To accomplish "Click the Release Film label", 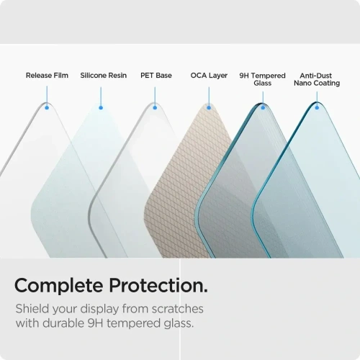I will click(x=47, y=76).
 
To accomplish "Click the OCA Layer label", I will click(x=209, y=76).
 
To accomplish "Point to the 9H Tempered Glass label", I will click(x=262, y=79).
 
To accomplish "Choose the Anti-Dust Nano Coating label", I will click(x=317, y=79).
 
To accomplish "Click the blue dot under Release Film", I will click(x=47, y=107).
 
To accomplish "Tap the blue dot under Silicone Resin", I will click(x=101, y=107).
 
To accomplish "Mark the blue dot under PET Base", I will click(x=154, y=107).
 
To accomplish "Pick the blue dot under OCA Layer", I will click(x=209, y=107).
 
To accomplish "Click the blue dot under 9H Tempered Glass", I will click(x=263, y=107).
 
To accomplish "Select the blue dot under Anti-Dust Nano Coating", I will click(x=317, y=107).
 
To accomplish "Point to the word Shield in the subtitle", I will click(x=34, y=310).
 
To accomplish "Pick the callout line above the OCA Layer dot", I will click(x=209, y=96).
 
